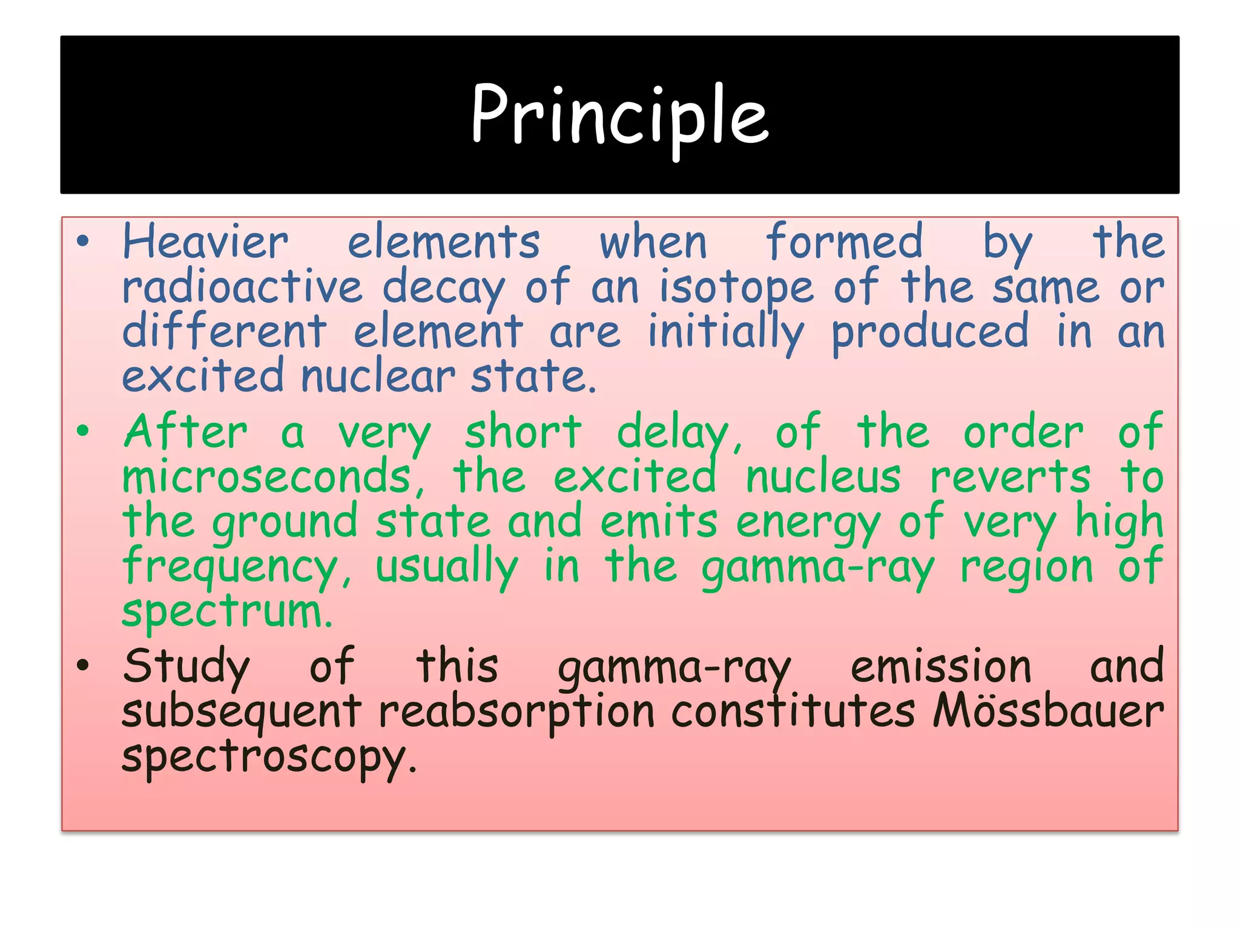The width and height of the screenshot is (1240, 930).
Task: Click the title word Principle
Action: click(x=619, y=115)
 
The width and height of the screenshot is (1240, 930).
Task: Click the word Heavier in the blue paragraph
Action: click(x=206, y=243)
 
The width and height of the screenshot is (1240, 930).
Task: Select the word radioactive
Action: click(x=242, y=288)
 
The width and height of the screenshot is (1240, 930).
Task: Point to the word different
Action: click(x=225, y=332)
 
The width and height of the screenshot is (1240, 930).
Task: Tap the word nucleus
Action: click(x=823, y=477)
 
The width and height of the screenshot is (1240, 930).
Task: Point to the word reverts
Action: click(x=1010, y=477)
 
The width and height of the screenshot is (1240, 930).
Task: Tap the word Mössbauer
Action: click(x=1047, y=711)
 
